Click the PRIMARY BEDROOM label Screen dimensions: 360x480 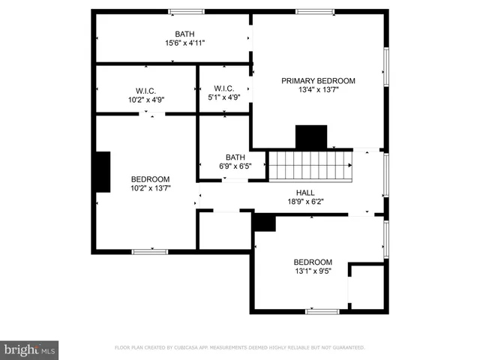pos(318,81)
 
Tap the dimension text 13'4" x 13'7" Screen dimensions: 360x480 pos(318,91)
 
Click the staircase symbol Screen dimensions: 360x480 pos(310,165)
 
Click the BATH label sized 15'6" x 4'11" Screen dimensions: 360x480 pos(184,34)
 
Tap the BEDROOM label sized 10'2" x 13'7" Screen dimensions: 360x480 pos(150,179)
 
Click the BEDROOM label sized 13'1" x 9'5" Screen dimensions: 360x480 pos(312,262)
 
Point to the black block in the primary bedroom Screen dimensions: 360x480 pos(311,137)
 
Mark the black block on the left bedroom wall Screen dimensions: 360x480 pos(102,172)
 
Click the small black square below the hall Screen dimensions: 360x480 pos(264,223)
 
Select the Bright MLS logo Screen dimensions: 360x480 pos(29,349)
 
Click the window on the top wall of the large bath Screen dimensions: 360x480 pos(186,11)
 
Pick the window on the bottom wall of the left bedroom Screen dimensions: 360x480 pos(149,251)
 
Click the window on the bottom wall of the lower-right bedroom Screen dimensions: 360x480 pos(322,310)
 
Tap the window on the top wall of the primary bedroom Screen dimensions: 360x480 pos(314,11)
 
